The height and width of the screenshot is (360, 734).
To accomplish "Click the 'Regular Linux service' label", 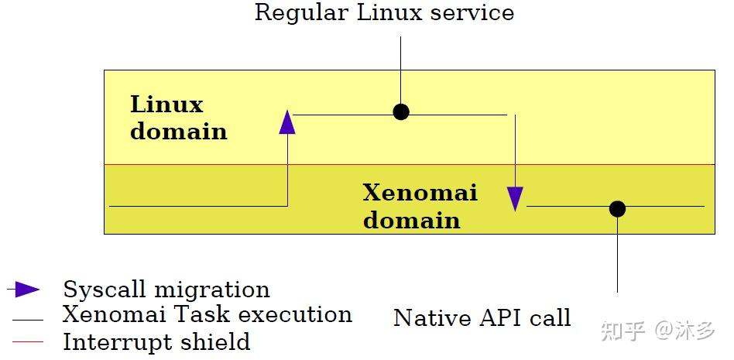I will coord(384,13).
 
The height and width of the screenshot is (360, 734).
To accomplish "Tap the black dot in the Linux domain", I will coord(400,111).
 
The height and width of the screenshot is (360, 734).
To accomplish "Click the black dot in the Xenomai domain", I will coord(617,208).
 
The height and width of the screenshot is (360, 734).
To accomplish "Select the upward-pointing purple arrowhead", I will coord(287,122).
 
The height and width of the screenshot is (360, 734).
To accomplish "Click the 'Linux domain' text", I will coord(178,118).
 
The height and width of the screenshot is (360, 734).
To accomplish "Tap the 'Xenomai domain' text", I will coord(420,206).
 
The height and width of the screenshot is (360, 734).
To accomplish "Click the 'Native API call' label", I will coord(482,317).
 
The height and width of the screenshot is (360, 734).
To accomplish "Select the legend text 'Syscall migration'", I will coord(166,290).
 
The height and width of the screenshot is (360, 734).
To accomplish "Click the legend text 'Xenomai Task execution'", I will coord(207,314).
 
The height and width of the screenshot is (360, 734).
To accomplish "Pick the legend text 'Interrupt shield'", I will coord(156,341).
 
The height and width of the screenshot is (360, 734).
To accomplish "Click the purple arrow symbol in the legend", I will coord(26,290).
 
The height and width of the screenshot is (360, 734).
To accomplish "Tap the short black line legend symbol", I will coord(28,319).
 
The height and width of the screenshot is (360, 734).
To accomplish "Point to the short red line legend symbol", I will coord(28,341).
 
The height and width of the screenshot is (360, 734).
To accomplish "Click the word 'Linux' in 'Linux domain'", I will coord(166,105).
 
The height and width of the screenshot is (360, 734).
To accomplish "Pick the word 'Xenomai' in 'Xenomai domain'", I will coord(420,192).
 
